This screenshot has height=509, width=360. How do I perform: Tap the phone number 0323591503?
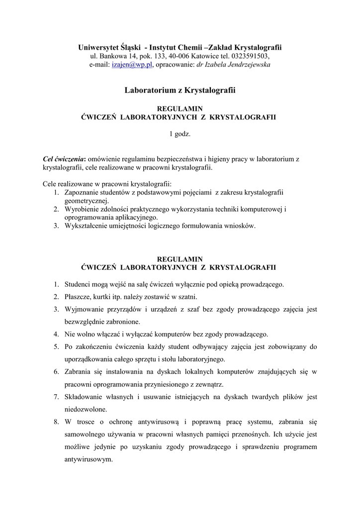point(250,56)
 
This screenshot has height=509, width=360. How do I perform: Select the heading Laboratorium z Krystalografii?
point(180,90)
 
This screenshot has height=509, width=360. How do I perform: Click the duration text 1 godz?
point(180,134)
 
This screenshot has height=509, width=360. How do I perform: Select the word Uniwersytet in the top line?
point(98,47)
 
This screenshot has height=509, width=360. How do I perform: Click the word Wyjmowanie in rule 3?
point(83,309)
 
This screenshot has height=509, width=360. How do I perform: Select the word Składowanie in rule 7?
point(83,397)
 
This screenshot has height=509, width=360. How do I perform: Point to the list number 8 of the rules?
point(56,422)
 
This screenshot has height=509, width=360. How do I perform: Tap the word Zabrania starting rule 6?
point(78,371)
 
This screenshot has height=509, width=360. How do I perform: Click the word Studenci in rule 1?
point(78,284)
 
